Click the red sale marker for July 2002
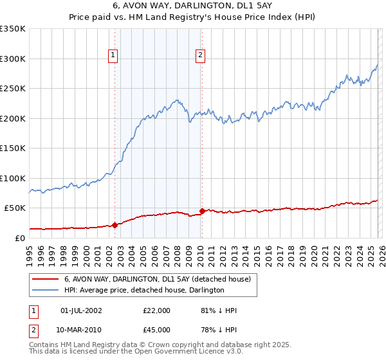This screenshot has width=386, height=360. [x=115, y=225]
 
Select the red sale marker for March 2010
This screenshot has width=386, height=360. [x=201, y=211]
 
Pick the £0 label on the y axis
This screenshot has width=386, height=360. [x=19, y=238]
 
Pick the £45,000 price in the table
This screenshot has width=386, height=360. [x=157, y=330]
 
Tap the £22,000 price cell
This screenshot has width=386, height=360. [x=157, y=310]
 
